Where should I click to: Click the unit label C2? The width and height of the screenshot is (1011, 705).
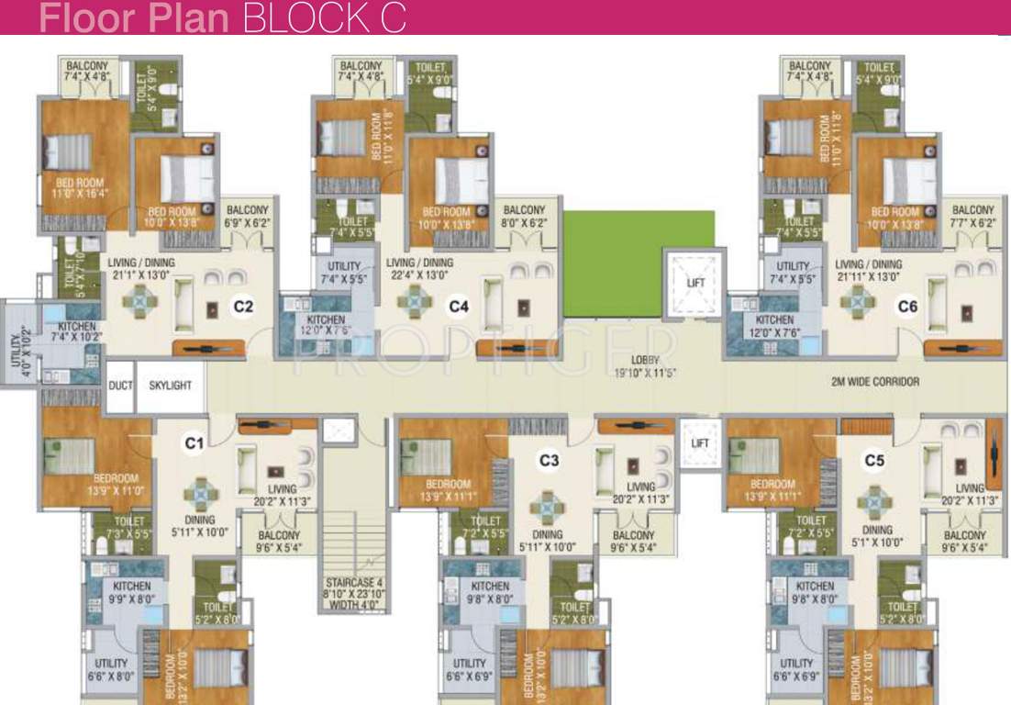pos(242,307)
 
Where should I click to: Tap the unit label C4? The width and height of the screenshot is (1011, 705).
pos(458,307)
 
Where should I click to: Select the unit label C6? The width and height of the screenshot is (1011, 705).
pos(907,307)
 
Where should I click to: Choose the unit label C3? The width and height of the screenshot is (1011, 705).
pos(549,460)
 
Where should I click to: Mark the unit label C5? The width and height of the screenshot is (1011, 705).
pos(874,460)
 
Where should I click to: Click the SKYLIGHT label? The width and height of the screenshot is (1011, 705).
pos(171,386)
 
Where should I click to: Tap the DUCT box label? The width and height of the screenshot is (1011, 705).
pos(120,386)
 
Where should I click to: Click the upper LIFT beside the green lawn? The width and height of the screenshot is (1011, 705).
pos(696,283)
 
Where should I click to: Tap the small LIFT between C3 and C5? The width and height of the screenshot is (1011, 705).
pos(701,443)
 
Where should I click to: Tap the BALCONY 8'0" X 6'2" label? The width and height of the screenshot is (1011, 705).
pos(524,217)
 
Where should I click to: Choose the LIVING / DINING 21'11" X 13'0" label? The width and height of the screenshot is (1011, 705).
pos(862,271)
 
